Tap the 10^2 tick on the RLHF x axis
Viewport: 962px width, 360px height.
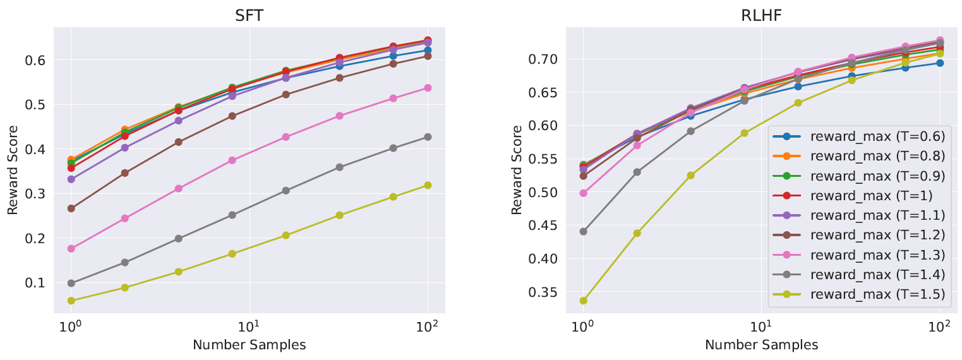[x=940, y=330]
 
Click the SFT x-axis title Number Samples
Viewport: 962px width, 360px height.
[x=249, y=345]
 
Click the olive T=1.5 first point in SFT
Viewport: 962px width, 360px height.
[x=71, y=301]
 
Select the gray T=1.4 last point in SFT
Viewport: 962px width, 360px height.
[x=428, y=137]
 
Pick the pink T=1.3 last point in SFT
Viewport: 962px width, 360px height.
[x=428, y=88]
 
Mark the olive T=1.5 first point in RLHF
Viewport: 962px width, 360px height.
[x=583, y=301]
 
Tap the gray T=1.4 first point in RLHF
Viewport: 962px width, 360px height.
[x=583, y=231]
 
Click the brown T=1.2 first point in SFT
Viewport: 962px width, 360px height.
[x=71, y=208]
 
